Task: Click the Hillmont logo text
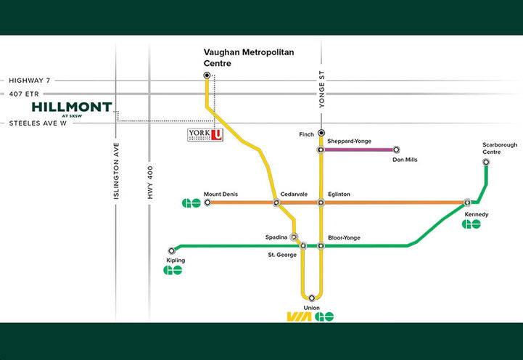point(72,108)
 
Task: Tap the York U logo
point(205,136)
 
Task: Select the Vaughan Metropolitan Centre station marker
point(207,75)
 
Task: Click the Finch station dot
point(321,133)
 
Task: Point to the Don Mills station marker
point(396,150)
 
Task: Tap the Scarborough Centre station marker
point(486,162)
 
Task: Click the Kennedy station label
point(477,215)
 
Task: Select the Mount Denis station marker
point(207,202)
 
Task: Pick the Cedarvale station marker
point(276,202)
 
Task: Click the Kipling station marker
point(172,250)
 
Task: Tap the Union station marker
point(311,298)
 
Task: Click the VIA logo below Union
point(299,316)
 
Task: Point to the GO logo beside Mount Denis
point(191,202)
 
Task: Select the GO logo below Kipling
point(173,271)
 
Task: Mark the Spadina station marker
point(294,237)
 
